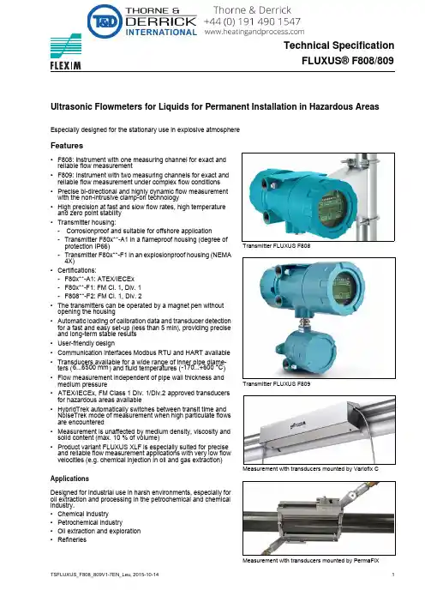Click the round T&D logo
point(105,21)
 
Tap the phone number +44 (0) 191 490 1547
point(252,21)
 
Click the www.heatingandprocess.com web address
point(254,32)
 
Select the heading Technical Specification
point(339,45)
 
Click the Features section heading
point(67,146)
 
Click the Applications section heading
point(69,479)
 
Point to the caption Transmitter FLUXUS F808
point(276,246)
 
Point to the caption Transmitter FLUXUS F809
point(276,383)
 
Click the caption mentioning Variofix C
point(310,469)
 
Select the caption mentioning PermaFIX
point(311,561)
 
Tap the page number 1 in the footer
point(393,575)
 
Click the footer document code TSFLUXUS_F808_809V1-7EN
point(86,575)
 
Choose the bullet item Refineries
point(72,539)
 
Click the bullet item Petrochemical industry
point(90,522)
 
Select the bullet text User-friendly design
point(86,343)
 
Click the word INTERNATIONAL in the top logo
point(161,33)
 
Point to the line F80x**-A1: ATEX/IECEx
point(99,279)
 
